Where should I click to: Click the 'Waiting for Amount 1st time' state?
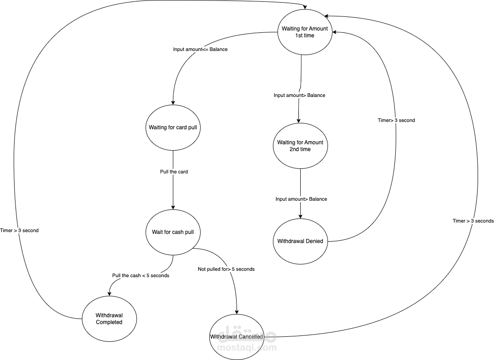pyautogui.click(x=304, y=32)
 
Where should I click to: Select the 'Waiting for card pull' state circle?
pyautogui.click(x=173, y=127)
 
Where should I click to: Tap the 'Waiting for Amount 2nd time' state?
pyautogui.click(x=300, y=146)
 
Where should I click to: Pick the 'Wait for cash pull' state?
pyautogui.click(x=173, y=232)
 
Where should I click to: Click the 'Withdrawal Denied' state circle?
pyautogui.click(x=300, y=241)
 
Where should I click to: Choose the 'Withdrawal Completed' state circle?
pyautogui.click(x=109, y=319)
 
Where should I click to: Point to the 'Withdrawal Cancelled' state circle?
pyautogui.click(x=237, y=337)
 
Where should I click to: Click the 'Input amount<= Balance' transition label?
pyautogui.click(x=200, y=49)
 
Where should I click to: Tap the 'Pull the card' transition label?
pyautogui.click(x=174, y=172)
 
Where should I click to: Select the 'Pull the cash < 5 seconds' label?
pyautogui.click(x=141, y=276)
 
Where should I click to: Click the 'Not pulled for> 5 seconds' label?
pyautogui.click(x=226, y=269)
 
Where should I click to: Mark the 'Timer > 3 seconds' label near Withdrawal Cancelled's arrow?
pyautogui.click(x=473, y=221)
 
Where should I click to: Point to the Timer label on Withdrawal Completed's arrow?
pyautogui.click(x=20, y=231)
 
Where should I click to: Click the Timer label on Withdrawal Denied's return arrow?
pyautogui.click(x=396, y=121)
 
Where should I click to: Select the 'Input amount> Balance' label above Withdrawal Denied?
pyautogui.click(x=301, y=199)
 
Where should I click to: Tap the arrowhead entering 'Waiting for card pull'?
pyautogui.click(x=173, y=102)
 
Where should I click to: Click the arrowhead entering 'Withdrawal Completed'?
pyautogui.click(x=110, y=293)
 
